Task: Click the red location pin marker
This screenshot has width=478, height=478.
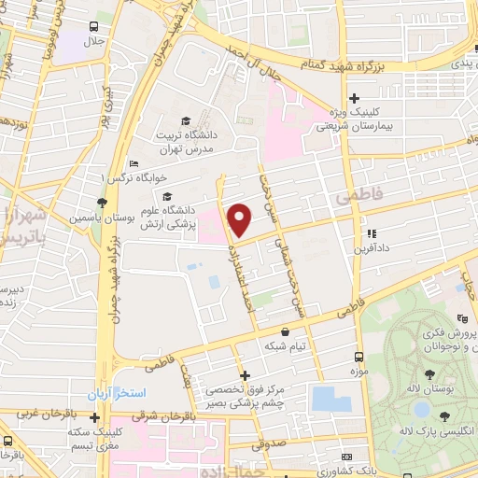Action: coord(240,219)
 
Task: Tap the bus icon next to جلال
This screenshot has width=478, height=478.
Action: coord(94,27)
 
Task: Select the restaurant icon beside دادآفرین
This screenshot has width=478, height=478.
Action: coord(372,234)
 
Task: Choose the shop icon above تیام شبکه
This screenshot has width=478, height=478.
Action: coord(285,331)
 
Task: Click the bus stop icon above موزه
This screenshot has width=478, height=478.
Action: coord(358,357)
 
